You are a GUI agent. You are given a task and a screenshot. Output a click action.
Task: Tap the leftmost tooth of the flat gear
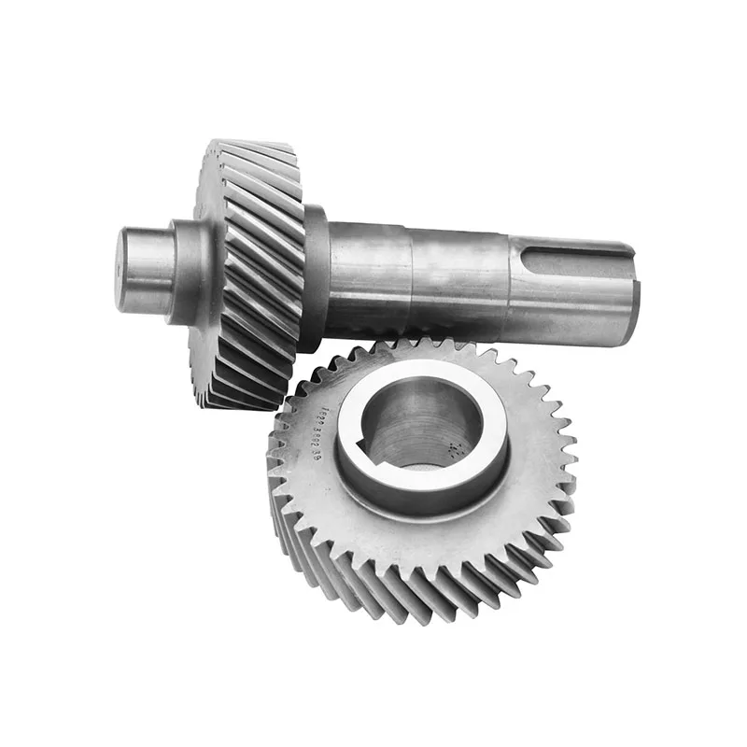pyautogui.click(x=274, y=467)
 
